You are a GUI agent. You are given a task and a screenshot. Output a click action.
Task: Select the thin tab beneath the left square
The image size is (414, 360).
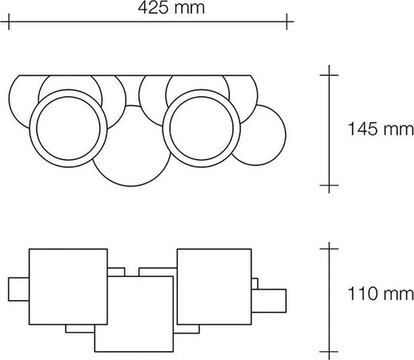(80, 329)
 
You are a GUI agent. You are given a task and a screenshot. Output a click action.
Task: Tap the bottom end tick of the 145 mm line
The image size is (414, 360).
(326, 186)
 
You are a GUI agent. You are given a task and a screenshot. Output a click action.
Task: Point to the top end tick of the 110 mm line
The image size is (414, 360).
(326, 248)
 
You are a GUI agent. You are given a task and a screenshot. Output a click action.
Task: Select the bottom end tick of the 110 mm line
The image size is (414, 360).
(326, 350)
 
